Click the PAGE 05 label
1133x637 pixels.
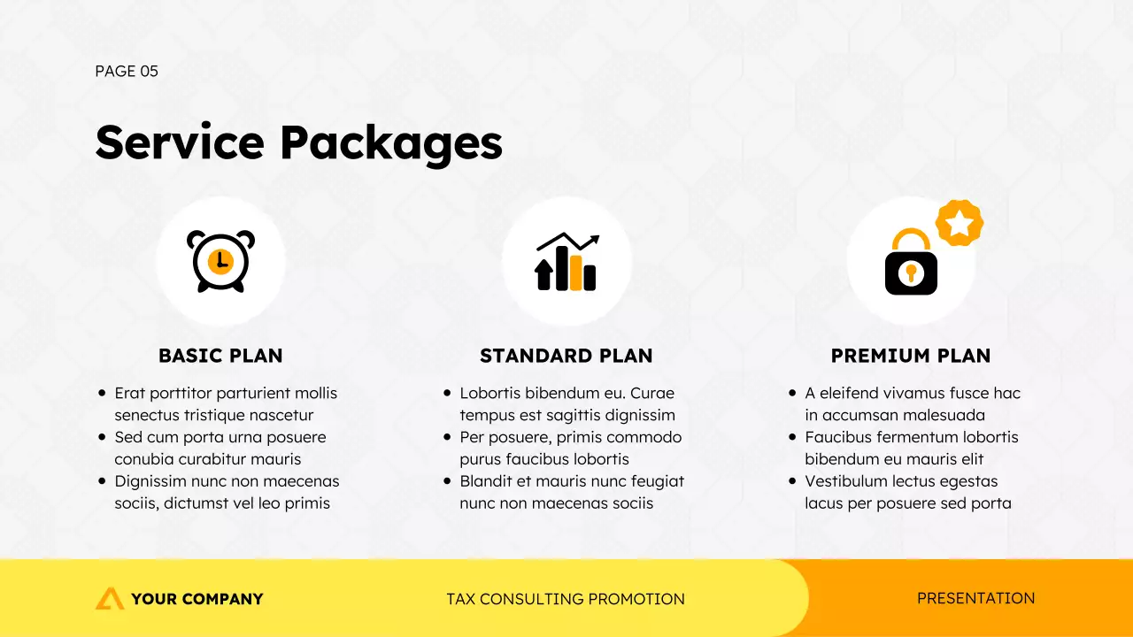coord(127,72)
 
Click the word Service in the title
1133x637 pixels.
coord(180,142)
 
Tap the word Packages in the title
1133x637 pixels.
coord(391,143)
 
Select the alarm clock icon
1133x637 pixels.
coord(220,261)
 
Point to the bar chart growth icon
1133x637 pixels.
coord(566,263)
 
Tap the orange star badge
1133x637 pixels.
coord(960,223)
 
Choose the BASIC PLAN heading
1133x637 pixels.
coord(220,356)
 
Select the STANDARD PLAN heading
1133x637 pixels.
coord(566,356)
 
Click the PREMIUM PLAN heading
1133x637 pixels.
coord(911,356)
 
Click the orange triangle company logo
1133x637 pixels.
coord(110,599)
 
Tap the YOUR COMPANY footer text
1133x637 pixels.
coord(197,599)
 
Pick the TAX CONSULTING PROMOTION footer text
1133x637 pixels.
coord(566,599)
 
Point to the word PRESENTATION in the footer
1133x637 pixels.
coord(975,598)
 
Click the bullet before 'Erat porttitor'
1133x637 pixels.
coord(102,393)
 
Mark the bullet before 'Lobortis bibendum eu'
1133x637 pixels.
coord(447,393)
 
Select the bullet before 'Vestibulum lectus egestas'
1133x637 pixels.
coord(792,481)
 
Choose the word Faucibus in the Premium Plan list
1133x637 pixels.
coord(838,437)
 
